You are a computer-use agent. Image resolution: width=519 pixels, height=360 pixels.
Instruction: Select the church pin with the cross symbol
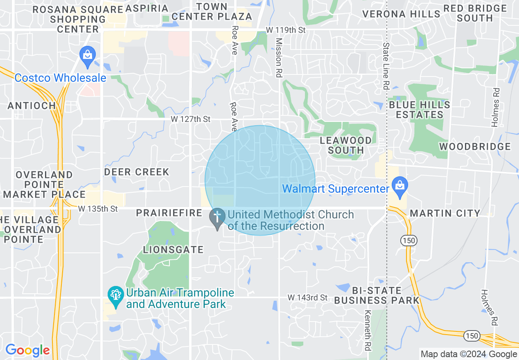217,218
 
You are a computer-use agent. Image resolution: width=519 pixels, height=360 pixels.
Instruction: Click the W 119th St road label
285,30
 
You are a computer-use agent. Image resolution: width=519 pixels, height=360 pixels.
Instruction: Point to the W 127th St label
190,119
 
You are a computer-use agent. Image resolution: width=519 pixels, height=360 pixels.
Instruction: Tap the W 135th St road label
98,209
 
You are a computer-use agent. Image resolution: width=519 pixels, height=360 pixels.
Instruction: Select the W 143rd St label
307,297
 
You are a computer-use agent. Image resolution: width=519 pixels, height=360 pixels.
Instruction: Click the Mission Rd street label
278,52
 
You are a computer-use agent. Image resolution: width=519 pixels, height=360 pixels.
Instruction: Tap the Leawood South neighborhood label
346,145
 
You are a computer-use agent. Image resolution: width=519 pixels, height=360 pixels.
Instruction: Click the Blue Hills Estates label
420,110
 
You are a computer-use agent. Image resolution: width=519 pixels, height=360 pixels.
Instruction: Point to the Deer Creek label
137,171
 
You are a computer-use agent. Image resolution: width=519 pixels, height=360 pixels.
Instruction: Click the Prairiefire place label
169,213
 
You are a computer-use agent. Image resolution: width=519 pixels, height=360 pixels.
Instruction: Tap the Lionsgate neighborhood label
173,249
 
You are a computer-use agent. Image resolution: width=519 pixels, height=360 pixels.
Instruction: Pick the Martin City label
445,213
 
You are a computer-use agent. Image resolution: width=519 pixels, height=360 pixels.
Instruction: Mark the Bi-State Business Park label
377,295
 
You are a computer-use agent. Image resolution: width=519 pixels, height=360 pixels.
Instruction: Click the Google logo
27,350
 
